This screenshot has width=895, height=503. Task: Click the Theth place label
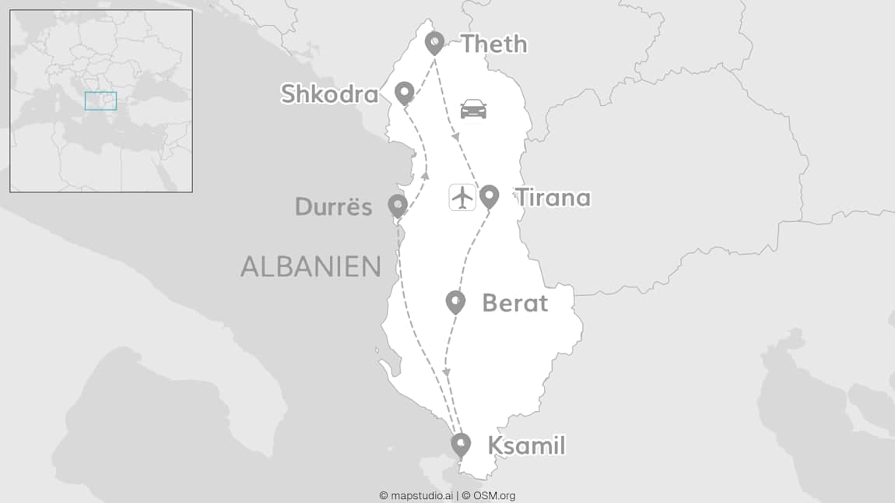click(493, 44)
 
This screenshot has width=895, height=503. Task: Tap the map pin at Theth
click(434, 43)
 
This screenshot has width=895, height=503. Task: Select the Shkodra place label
click(329, 94)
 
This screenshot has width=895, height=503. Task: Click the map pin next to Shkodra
click(404, 93)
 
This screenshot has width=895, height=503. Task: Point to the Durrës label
click(333, 206)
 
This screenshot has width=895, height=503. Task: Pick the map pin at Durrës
click(398, 206)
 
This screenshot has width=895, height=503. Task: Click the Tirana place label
click(553, 198)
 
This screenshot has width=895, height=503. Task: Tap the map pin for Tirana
click(489, 195)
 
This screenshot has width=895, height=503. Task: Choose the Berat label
click(514, 303)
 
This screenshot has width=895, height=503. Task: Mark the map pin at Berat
click(455, 301)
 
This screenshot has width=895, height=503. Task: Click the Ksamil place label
click(525, 446)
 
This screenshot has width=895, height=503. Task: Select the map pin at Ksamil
click(461, 445)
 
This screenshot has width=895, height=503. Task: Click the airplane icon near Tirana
click(462, 197)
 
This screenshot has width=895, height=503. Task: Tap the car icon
click(473, 109)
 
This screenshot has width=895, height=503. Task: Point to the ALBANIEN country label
click(311, 266)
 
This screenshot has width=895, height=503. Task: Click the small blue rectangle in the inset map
click(100, 100)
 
